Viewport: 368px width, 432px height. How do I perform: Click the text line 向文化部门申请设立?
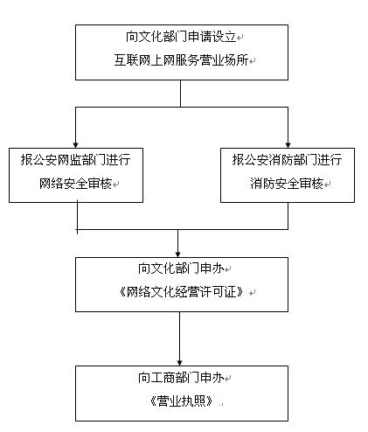[x=181, y=37]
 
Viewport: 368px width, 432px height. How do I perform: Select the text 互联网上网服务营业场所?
[x=181, y=60]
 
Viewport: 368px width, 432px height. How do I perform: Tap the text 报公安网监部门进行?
[x=75, y=160]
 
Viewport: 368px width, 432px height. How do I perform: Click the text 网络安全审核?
[x=75, y=184]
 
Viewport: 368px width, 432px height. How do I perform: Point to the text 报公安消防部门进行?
[x=287, y=160]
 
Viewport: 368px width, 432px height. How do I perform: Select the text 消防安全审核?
[x=287, y=184]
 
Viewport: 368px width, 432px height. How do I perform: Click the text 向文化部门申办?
[x=181, y=268]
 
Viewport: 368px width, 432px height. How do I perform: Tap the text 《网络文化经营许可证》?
[x=181, y=292]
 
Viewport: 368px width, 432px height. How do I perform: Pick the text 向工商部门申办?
[x=181, y=378]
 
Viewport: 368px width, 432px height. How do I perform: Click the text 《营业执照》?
[x=181, y=401]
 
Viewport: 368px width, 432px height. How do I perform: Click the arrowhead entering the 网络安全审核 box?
[x=76, y=145]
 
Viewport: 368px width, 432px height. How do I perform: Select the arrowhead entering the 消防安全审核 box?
[x=288, y=145]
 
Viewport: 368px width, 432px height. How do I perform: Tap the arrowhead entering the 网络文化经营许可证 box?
[x=178, y=254]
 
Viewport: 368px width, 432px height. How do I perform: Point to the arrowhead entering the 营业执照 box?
[x=179, y=363]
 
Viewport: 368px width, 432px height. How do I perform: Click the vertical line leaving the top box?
[x=180, y=94]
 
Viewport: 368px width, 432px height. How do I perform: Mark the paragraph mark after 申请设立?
[x=240, y=38]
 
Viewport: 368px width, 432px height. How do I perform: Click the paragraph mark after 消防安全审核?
[x=327, y=185]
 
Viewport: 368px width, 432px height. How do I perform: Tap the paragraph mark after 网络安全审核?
[x=116, y=185]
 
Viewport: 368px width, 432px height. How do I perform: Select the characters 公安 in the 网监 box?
[x=45, y=160]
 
